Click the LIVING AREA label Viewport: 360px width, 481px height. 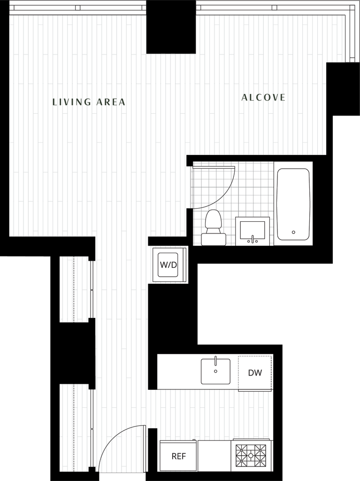[x=89, y=101]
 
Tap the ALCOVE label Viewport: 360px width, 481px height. [x=263, y=98]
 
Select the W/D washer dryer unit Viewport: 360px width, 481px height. [x=169, y=265]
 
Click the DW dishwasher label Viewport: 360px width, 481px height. [x=255, y=373]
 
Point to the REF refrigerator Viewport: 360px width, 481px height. [x=178, y=456]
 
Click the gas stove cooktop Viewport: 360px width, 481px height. [x=251, y=455]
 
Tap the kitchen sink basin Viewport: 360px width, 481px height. [x=215, y=372]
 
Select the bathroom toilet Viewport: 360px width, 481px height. [x=213, y=228]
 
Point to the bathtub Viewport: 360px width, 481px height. [x=293, y=203]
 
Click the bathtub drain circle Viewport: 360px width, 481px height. [x=293, y=232]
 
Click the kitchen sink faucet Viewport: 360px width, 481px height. [x=215, y=360]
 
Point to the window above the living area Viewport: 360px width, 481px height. [x=78, y=8]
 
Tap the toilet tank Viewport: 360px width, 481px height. [x=213, y=239]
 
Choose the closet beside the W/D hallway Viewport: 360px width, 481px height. [x=75, y=289]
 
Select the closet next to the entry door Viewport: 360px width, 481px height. [x=75, y=427]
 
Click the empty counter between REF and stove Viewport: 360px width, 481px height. [x=214, y=456]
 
